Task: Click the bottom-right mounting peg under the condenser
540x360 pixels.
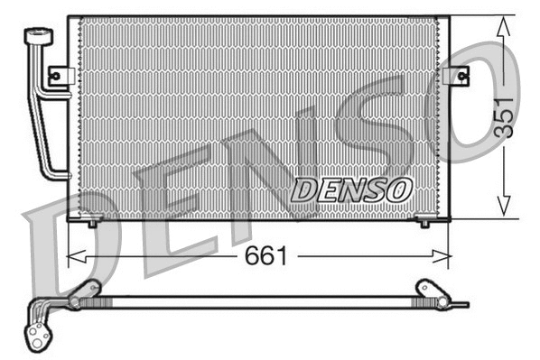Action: [425, 220]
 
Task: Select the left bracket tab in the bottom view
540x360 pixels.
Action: [88, 289]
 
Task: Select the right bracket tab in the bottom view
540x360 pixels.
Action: [424, 289]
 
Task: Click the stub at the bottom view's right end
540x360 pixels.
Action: [462, 304]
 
